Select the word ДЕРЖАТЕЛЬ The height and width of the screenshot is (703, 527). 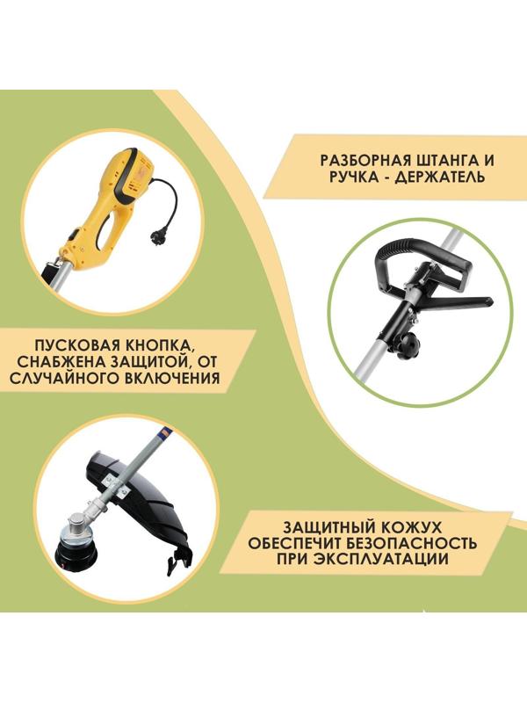[450, 181]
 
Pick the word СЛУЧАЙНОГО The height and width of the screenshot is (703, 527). [79, 380]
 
